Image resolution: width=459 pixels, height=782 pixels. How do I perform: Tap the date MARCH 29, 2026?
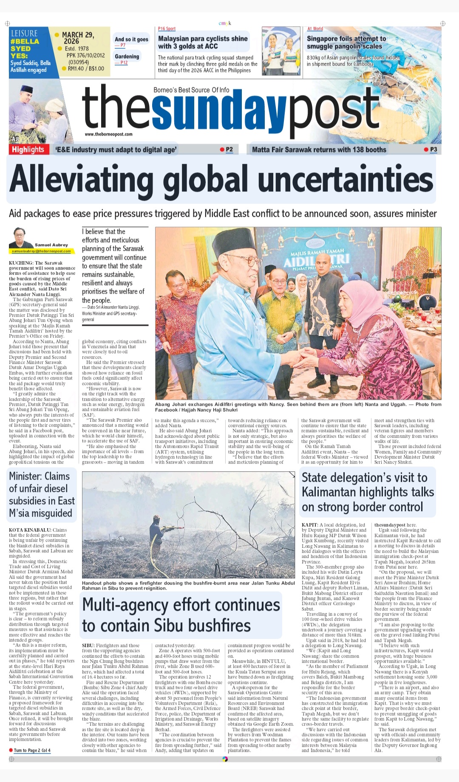click(x=78, y=38)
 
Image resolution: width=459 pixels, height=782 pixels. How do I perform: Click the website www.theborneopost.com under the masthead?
click(x=108, y=134)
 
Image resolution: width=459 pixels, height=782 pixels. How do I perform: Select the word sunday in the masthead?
click(x=219, y=110)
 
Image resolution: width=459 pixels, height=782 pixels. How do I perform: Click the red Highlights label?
click(x=28, y=149)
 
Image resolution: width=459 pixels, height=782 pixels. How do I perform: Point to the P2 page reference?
click(x=229, y=149)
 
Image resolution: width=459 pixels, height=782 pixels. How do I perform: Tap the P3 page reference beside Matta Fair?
click(x=433, y=149)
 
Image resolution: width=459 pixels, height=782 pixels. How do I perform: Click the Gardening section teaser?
click(x=127, y=56)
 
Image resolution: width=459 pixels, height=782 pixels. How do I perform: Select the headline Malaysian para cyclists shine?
click(x=203, y=42)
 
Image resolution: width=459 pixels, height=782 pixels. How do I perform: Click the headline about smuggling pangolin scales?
click(x=346, y=42)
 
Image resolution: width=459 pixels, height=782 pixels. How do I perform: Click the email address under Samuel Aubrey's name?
click(x=41, y=251)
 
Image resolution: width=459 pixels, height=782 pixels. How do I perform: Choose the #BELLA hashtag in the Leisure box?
click(x=25, y=41)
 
